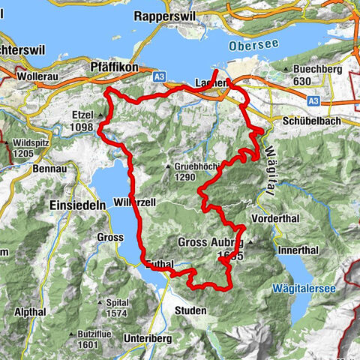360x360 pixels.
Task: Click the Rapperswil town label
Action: [x=167, y=15]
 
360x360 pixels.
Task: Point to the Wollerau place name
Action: [x=39, y=76]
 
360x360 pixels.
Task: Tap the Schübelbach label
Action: [x=301, y=120]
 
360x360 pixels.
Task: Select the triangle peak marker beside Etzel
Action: [x=100, y=115]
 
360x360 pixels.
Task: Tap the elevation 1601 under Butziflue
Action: [x=88, y=344]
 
